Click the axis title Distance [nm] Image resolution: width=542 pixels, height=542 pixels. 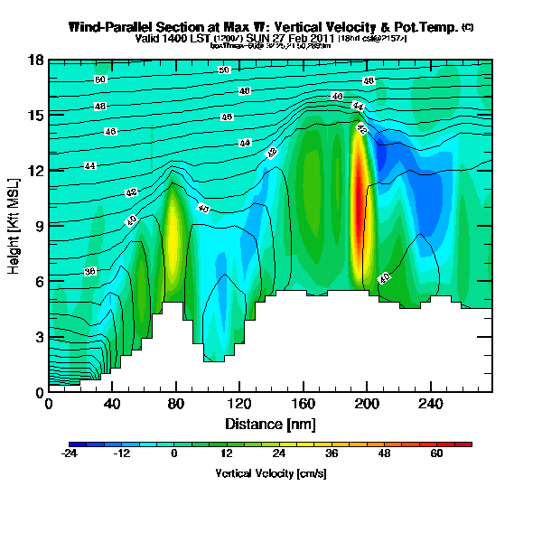[270, 423]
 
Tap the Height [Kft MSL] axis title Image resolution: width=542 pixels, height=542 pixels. [14, 226]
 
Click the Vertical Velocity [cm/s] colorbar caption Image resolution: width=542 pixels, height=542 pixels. [270, 472]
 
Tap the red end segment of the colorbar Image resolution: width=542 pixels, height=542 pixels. [466, 444]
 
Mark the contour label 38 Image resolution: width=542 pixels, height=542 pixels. [90, 271]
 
